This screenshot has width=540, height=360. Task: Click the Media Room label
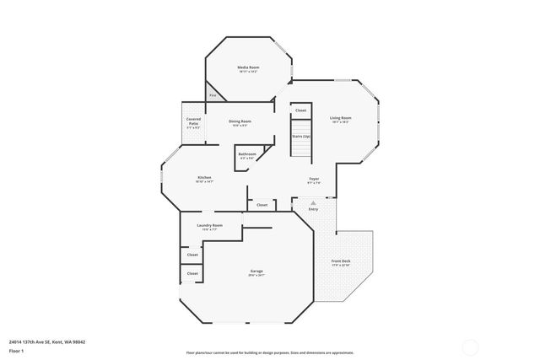[247, 67]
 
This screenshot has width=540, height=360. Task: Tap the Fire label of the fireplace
[213, 95]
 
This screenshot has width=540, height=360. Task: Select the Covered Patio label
[193, 123]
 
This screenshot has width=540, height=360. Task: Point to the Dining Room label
[240, 121]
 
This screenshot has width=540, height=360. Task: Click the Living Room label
[340, 118]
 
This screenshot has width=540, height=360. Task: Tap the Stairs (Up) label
[301, 136]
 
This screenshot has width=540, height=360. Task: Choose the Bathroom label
[247, 154]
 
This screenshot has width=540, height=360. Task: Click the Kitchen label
[204, 177]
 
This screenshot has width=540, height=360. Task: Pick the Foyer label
[313, 179]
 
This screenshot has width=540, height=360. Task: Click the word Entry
[313, 209]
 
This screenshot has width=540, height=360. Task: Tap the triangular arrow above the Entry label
[313, 202]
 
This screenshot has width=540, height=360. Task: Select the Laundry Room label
[209, 226]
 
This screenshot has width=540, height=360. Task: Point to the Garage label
[256, 271]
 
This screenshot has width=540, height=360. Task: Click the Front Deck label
[341, 262]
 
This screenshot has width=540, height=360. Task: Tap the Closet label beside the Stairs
[300, 110]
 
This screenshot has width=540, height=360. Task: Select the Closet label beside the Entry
[262, 205]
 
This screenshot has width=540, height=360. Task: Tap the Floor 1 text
[15, 350]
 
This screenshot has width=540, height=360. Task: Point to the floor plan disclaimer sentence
[270, 351]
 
